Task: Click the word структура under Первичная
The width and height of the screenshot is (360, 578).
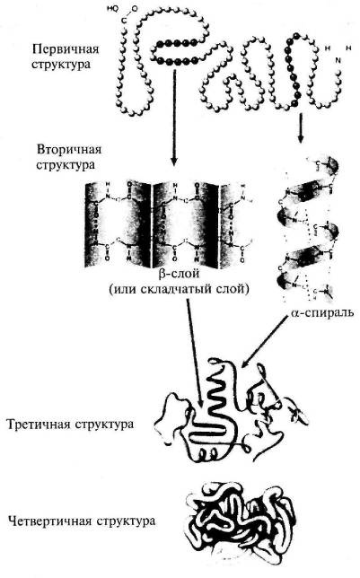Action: (60, 63)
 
